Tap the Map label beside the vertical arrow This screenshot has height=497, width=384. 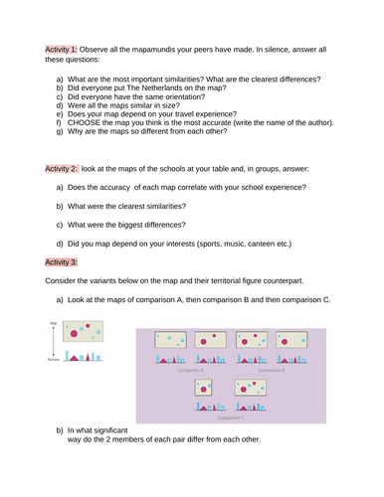(x=53, y=323)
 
